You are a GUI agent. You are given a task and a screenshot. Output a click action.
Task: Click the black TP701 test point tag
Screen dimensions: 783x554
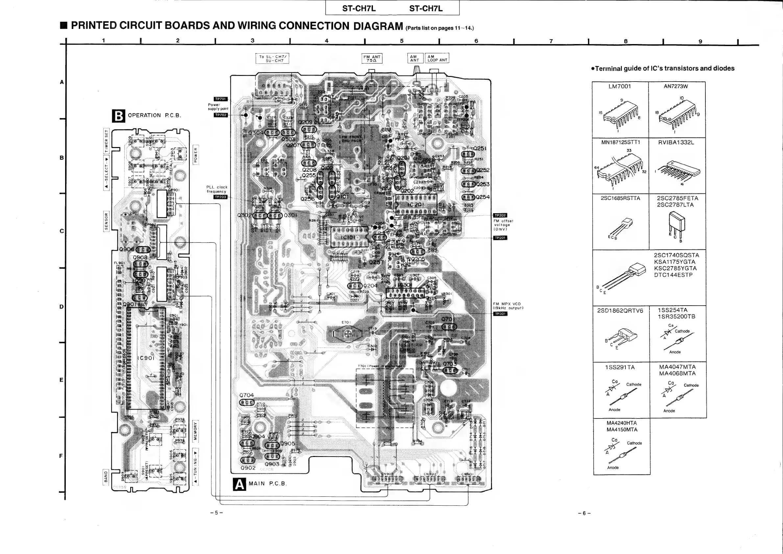[x=221, y=99]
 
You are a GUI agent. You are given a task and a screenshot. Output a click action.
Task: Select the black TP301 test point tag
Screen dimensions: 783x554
[x=500, y=314]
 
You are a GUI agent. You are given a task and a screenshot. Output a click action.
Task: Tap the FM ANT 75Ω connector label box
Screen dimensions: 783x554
[x=372, y=59]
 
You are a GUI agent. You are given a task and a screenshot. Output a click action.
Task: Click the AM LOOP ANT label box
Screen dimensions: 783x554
[x=437, y=58]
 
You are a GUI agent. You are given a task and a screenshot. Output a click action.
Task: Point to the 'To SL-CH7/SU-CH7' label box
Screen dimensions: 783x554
[x=272, y=59]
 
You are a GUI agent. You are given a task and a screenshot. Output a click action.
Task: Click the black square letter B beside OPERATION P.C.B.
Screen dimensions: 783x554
[x=118, y=116]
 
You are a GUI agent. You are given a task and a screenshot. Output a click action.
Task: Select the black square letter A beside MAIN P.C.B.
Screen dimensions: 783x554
[x=239, y=484]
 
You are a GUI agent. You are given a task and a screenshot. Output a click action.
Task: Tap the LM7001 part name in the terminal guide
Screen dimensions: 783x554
[x=620, y=87]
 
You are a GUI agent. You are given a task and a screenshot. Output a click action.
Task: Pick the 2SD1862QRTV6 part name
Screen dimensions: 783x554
[x=620, y=311]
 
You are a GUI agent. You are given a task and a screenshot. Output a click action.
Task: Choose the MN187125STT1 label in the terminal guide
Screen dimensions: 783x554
[x=620, y=142]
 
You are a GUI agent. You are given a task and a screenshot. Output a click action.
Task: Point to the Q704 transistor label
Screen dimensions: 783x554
[x=246, y=395]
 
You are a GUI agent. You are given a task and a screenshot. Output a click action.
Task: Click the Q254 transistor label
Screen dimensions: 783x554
[x=482, y=197]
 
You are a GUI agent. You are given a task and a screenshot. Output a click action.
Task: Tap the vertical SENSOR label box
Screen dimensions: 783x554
[x=106, y=221]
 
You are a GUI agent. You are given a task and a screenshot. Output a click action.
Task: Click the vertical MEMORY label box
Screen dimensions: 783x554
[x=195, y=431]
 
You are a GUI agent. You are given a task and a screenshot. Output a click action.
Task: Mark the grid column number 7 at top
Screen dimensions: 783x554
[x=551, y=41]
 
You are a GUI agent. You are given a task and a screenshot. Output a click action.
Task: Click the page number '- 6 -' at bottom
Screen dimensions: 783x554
[x=584, y=513]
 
